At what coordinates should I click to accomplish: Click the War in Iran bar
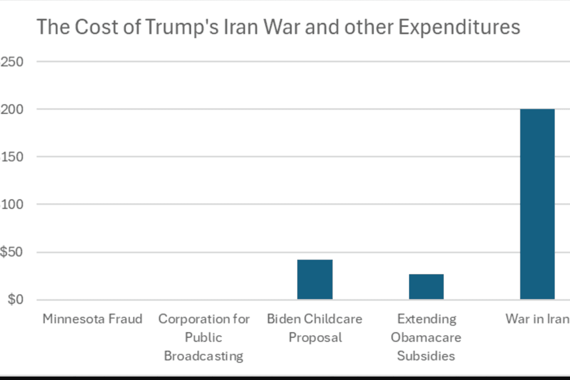[x=537, y=204]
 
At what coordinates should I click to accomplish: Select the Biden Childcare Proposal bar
[x=314, y=280]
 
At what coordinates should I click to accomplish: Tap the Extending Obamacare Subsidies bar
[x=426, y=287]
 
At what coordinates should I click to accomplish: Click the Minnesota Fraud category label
[x=93, y=319]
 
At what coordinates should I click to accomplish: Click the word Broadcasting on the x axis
[x=204, y=356]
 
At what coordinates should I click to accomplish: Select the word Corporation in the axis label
[x=187, y=319]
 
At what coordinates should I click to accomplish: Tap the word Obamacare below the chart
[x=426, y=337]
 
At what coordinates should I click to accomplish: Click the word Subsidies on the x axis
[x=426, y=356]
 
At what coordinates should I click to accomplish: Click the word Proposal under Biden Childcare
[x=315, y=337]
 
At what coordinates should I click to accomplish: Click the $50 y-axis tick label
[x=12, y=252]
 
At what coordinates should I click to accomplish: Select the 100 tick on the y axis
[x=12, y=205]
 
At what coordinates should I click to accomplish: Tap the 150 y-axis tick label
[x=12, y=157]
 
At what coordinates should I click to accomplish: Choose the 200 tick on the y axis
[x=12, y=109]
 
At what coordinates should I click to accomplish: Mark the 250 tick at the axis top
[x=12, y=62]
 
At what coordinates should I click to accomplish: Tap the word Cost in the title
[x=92, y=27]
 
